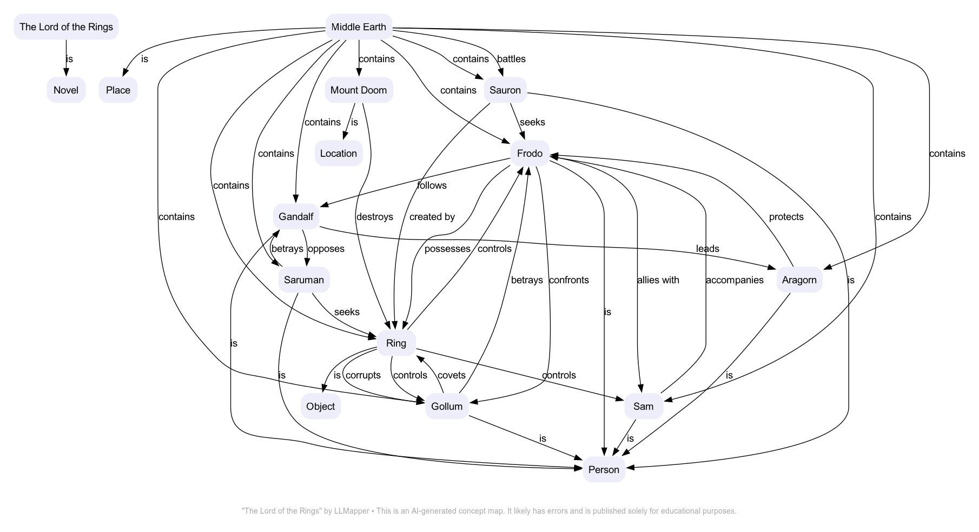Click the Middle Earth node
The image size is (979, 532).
359,27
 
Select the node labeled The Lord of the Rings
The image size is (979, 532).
66,27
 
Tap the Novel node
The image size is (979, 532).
66,90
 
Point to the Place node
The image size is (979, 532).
118,90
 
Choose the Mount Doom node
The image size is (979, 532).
359,90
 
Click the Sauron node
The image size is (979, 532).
505,90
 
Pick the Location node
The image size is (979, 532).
338,154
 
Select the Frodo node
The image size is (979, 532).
530,154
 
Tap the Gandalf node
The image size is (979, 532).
296,217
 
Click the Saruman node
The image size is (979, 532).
303,280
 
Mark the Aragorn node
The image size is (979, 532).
799,280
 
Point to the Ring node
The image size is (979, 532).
396,343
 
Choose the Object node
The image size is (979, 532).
320,407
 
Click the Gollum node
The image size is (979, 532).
447,407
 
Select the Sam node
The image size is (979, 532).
643,407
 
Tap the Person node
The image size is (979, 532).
604,470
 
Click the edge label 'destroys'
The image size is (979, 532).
374,217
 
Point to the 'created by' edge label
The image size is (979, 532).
432,217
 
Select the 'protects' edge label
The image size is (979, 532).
786,217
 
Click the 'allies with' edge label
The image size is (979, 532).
658,280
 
